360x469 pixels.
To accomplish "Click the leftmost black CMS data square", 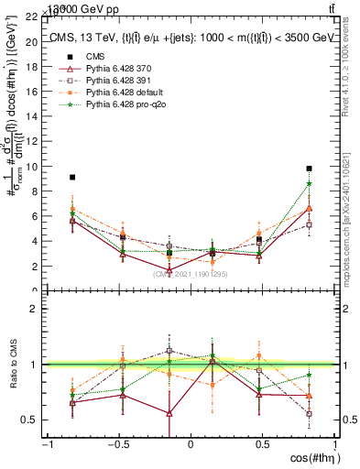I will [x=72, y=177].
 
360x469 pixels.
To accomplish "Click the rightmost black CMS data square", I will [x=310, y=169].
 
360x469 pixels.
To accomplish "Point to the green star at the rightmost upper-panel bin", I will [x=310, y=183].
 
